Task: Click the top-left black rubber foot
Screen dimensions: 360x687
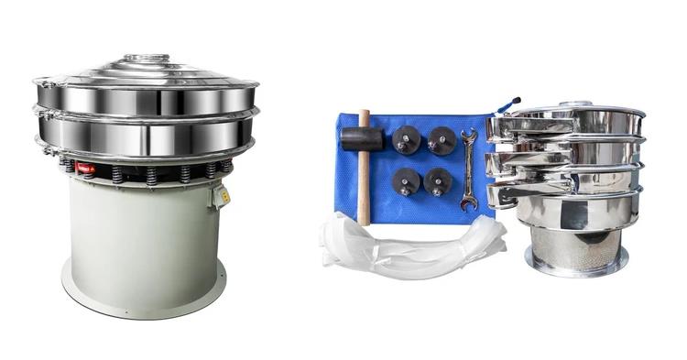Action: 406,140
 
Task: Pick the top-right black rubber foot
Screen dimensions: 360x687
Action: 442,139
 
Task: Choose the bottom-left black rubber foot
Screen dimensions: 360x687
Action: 406,180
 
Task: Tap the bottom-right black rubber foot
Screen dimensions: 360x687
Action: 438,180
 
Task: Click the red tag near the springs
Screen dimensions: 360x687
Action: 85,169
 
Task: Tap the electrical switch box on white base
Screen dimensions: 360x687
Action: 220,195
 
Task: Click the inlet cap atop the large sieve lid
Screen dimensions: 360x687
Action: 147,60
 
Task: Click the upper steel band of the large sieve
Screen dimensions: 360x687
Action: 147,99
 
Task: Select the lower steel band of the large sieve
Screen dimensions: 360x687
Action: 147,136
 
